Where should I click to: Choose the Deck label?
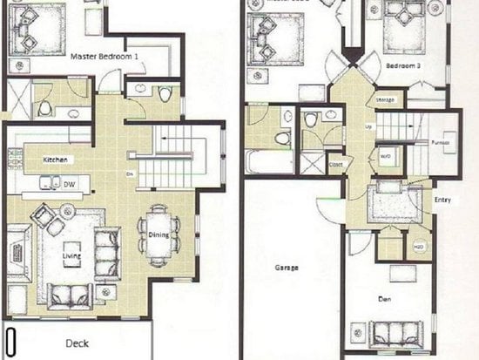tap(78, 343)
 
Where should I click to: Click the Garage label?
tap(287, 268)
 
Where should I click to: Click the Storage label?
tap(385, 100)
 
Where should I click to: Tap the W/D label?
tap(385, 157)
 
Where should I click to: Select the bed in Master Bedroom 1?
tap(39, 30)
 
